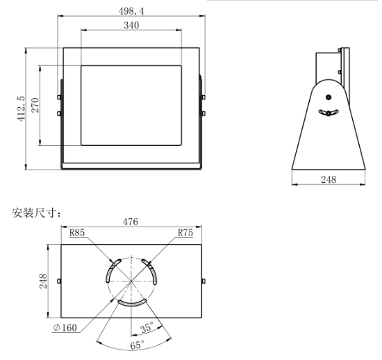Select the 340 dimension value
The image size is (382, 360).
pyautogui.click(x=131, y=26)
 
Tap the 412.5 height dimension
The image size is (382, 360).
pyautogui.click(x=21, y=108)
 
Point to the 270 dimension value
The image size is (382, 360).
pyautogui.click(x=35, y=106)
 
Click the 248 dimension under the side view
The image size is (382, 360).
pyautogui.click(x=329, y=179)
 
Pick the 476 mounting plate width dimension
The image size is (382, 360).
pyautogui.click(x=131, y=222)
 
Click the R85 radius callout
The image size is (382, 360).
pyautogui.click(x=77, y=234)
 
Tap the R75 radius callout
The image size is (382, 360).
pyautogui.click(x=184, y=234)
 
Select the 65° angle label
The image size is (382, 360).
pyautogui.click(x=138, y=345)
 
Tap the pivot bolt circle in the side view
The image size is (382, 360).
pyautogui.click(x=329, y=97)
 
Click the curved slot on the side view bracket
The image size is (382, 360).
pyautogui.click(x=328, y=113)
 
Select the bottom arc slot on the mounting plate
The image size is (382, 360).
pyautogui.click(x=131, y=304)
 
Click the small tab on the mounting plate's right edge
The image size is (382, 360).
pyautogui.click(x=203, y=281)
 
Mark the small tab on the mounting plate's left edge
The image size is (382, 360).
pyautogui.click(x=59, y=281)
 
